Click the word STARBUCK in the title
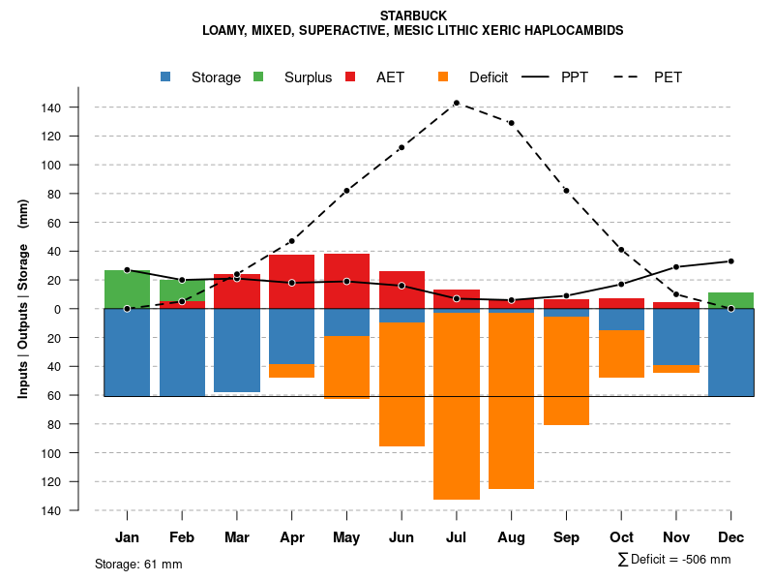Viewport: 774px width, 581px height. click(x=412, y=16)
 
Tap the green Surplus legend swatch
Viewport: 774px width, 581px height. click(x=259, y=76)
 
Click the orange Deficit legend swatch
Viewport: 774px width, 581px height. click(x=443, y=76)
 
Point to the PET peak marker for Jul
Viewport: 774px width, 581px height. click(x=456, y=103)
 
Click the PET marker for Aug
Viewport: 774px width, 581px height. click(x=511, y=123)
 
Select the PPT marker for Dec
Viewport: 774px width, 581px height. click(x=730, y=261)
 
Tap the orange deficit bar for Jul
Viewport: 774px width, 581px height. click(x=457, y=407)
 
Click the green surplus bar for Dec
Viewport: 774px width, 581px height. click(x=730, y=300)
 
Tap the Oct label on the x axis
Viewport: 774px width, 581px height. click(x=621, y=537)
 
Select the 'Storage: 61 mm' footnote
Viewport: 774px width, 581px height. click(x=138, y=564)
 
